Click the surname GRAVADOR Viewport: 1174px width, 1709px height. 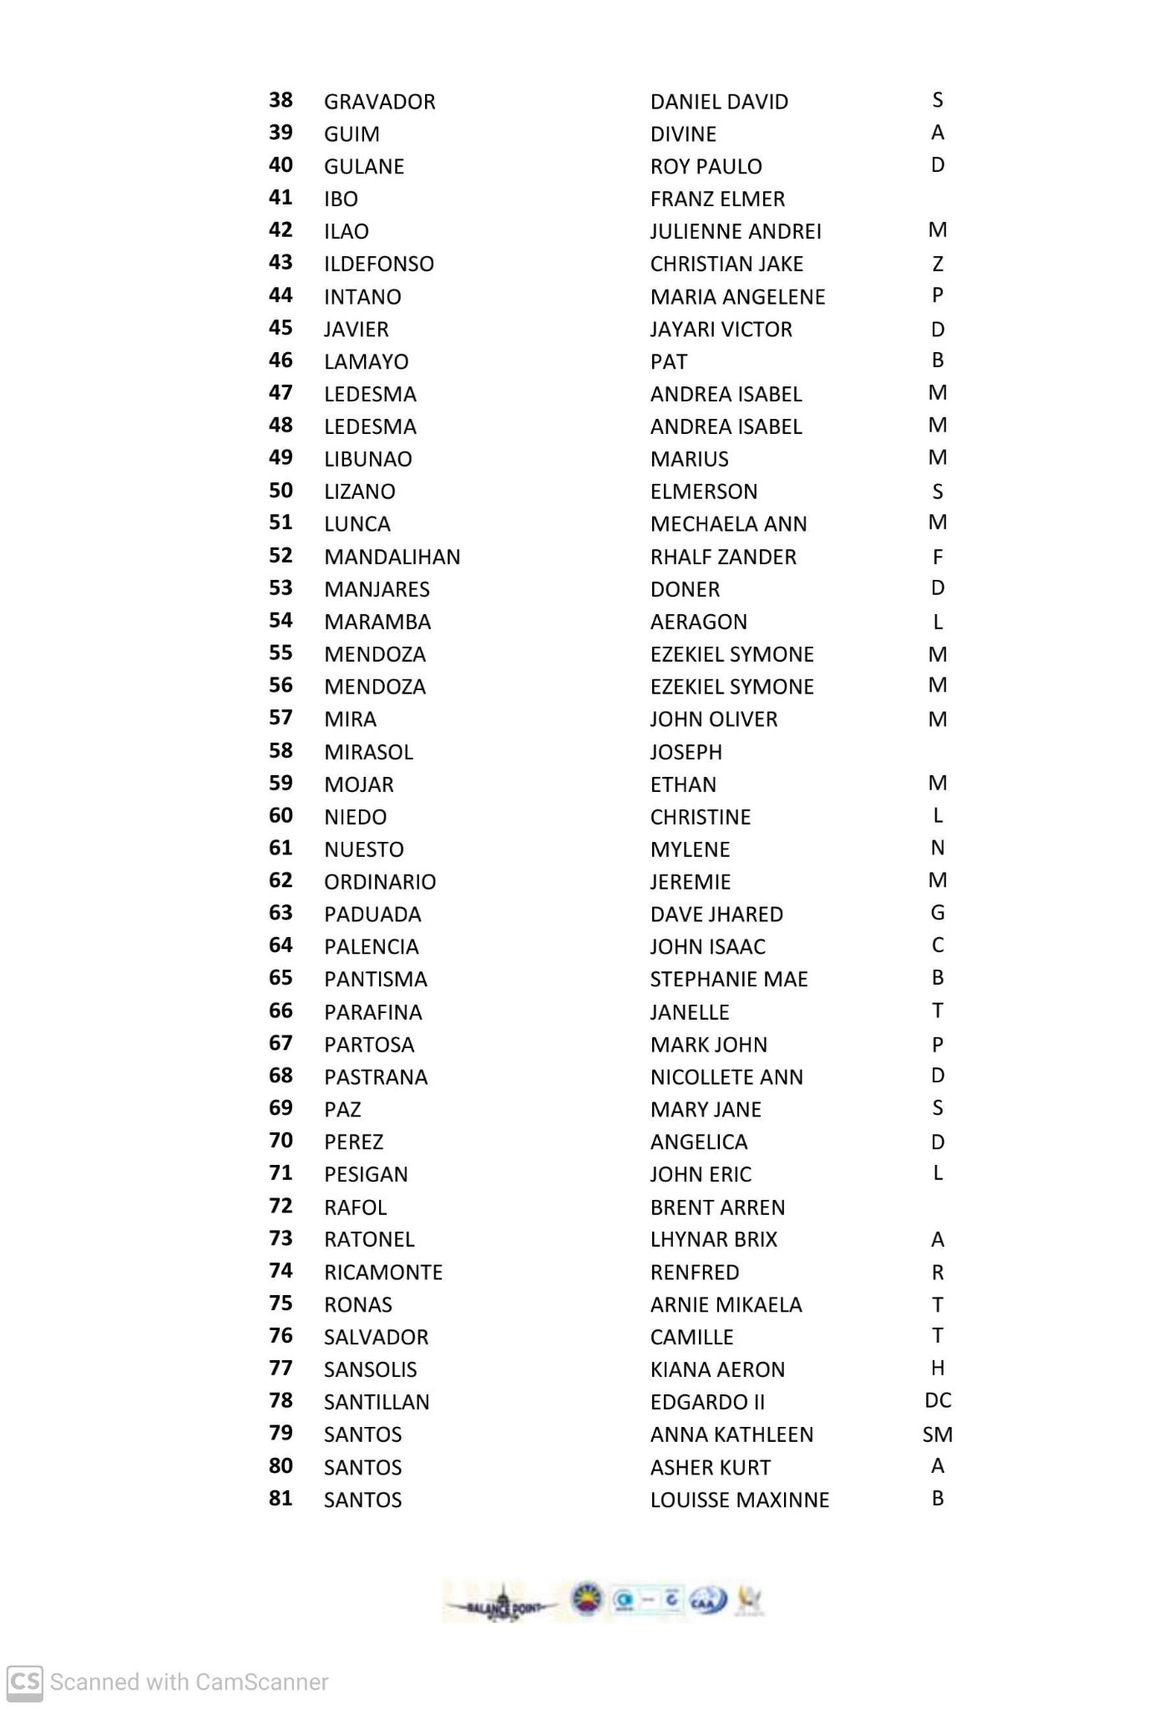click(x=379, y=102)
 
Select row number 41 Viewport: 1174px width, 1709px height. click(x=281, y=198)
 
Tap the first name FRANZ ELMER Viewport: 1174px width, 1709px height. click(x=717, y=199)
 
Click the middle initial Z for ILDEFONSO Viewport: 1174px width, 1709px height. click(x=937, y=264)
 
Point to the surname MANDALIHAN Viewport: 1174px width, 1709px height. click(x=392, y=557)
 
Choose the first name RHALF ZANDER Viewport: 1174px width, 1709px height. click(x=723, y=557)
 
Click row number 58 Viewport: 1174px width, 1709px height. click(x=281, y=751)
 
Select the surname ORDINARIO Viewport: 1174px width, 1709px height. click(x=380, y=882)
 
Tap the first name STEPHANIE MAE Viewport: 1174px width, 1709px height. click(x=729, y=979)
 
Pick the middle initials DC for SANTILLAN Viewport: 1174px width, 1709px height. click(x=938, y=1401)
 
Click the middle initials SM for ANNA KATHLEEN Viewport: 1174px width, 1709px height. click(x=937, y=1434)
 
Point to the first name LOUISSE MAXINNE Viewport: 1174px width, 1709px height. click(x=740, y=1500)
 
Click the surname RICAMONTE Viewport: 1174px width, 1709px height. click(x=383, y=1273)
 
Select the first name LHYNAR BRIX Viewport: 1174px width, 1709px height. click(x=714, y=1239)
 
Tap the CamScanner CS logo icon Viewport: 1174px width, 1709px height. click(x=25, y=1681)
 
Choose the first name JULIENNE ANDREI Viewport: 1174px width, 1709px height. click(x=736, y=231)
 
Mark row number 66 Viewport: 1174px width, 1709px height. click(x=281, y=1011)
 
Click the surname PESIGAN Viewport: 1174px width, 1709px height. click(x=366, y=1174)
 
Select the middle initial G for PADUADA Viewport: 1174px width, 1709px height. click(x=937, y=914)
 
